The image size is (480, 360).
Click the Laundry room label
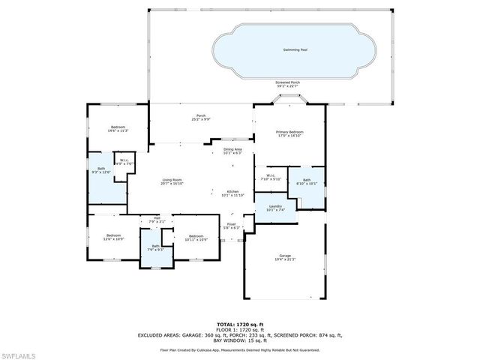[274, 208]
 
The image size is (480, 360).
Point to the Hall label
[157, 220]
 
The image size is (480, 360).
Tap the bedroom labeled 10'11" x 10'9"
[196, 236]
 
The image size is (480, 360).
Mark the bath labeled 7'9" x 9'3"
[155, 247]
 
